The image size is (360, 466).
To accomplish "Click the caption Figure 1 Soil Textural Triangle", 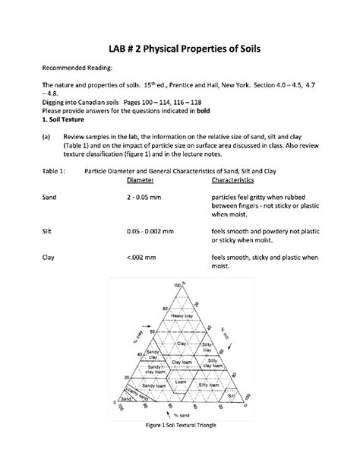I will click(x=181, y=425).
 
